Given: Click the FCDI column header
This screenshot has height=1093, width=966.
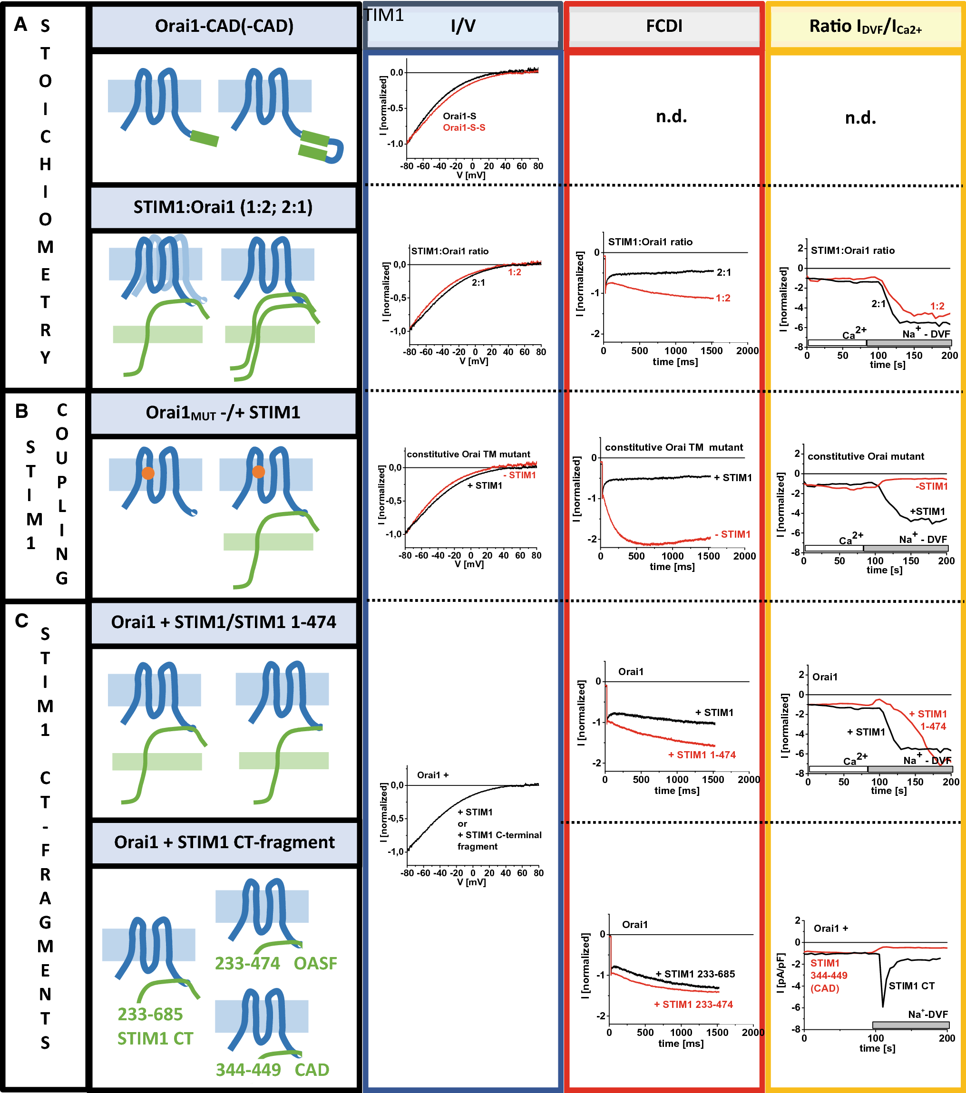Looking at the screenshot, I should [x=664, y=26].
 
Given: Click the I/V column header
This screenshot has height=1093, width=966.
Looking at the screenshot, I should [x=463, y=26].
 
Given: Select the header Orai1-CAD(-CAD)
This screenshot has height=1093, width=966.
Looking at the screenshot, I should [x=224, y=26].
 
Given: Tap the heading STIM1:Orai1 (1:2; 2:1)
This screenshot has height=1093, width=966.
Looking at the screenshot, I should [x=223, y=207].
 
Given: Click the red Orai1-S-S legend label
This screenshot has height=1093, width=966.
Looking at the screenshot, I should [x=464, y=128].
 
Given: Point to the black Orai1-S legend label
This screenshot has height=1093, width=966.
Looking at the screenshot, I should [x=459, y=116].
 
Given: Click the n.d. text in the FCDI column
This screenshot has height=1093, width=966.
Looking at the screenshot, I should [x=671, y=116].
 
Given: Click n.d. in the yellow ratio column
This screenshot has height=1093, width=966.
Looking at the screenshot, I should [x=860, y=117].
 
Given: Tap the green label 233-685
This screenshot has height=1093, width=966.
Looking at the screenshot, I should [x=150, y=1014].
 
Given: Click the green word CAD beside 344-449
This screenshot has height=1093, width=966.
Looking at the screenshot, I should [x=312, y=1070].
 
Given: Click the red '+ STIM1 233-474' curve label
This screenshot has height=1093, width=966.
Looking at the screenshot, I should [x=693, y=1004].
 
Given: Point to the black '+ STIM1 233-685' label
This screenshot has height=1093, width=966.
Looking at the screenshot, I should [x=695, y=974].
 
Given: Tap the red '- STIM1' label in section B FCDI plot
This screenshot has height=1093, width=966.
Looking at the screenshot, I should [x=732, y=534].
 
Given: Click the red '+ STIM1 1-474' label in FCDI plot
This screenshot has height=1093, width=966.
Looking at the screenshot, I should [x=702, y=754].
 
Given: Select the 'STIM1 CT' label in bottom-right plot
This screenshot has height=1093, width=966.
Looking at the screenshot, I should [x=911, y=986].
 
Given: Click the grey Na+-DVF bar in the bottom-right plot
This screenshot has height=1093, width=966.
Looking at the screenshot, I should [x=910, y=1025].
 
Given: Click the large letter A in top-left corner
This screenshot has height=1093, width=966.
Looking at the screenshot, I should [x=20, y=25].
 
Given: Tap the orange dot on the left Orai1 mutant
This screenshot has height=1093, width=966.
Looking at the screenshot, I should [x=148, y=473].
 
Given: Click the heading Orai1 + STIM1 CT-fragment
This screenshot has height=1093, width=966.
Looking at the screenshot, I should [x=224, y=842].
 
